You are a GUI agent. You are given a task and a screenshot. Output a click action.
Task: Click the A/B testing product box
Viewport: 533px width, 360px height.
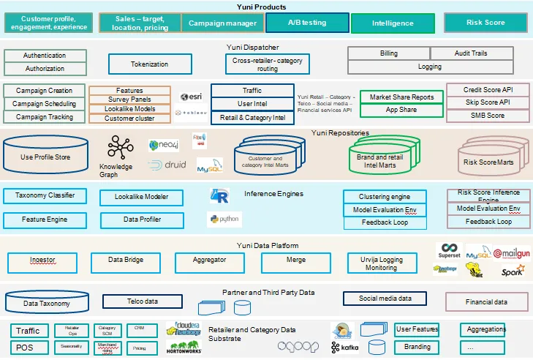pyautogui.click(x=306, y=23)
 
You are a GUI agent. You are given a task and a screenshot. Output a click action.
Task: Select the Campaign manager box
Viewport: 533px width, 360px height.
pyautogui.click(x=222, y=23)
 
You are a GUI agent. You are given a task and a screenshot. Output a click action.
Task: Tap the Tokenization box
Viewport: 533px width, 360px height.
pyautogui.click(x=149, y=64)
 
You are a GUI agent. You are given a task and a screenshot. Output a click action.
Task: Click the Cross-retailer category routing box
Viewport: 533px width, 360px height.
pyautogui.click(x=267, y=64)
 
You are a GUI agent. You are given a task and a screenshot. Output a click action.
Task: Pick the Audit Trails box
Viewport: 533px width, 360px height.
pyautogui.click(x=469, y=53)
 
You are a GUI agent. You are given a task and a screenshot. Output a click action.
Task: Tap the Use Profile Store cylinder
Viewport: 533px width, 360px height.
pyautogui.click(x=46, y=156)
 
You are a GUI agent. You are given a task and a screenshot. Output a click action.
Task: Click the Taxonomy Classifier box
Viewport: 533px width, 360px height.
pyautogui.click(x=44, y=196)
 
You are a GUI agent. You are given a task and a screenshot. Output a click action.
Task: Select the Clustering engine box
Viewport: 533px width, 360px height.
pyautogui.click(x=384, y=197)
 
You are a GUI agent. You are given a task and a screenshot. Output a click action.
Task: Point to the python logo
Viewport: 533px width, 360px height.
pyautogui.click(x=224, y=219)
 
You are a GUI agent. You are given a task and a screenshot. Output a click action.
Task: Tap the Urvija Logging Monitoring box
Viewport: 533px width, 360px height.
pyautogui.click(x=381, y=263)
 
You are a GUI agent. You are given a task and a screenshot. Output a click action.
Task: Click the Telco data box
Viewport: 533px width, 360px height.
pyautogui.click(x=143, y=301)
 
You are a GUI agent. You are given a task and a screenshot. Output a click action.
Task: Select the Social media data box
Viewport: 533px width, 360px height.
pyautogui.click(x=385, y=299)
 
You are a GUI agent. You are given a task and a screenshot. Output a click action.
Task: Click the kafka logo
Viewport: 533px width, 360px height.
pyautogui.click(x=345, y=347)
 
